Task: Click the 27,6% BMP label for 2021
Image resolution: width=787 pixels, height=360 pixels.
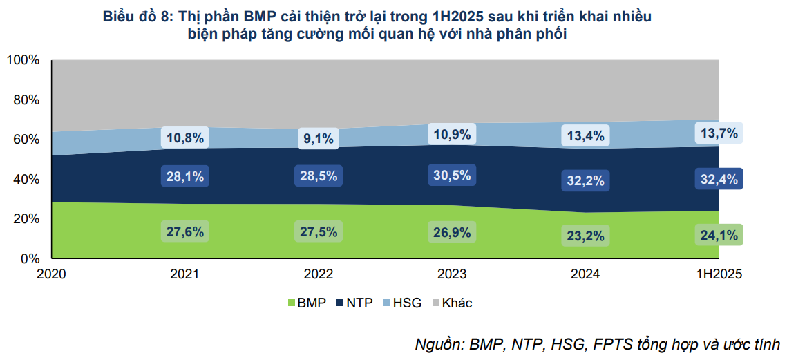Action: click(x=185, y=231)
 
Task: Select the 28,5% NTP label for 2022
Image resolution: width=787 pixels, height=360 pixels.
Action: click(x=319, y=176)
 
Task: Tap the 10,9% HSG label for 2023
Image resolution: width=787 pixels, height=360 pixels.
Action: click(x=453, y=133)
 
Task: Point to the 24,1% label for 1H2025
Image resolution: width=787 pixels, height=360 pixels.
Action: click(x=719, y=235)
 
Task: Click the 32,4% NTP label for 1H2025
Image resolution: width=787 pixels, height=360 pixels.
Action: click(x=719, y=180)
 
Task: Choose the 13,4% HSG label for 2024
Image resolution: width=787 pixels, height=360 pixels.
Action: click(x=586, y=135)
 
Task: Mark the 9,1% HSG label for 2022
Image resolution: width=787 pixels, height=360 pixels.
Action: click(x=319, y=139)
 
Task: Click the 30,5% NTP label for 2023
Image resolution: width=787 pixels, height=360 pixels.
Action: click(x=453, y=175)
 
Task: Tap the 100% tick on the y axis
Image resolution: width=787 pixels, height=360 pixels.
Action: click(x=23, y=60)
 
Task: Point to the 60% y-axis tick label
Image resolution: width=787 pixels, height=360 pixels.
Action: click(x=26, y=140)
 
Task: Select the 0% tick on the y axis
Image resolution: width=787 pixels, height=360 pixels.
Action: click(x=30, y=258)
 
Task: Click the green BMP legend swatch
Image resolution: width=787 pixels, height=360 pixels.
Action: click(x=291, y=303)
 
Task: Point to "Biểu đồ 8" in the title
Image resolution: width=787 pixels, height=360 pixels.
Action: click(x=136, y=17)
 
